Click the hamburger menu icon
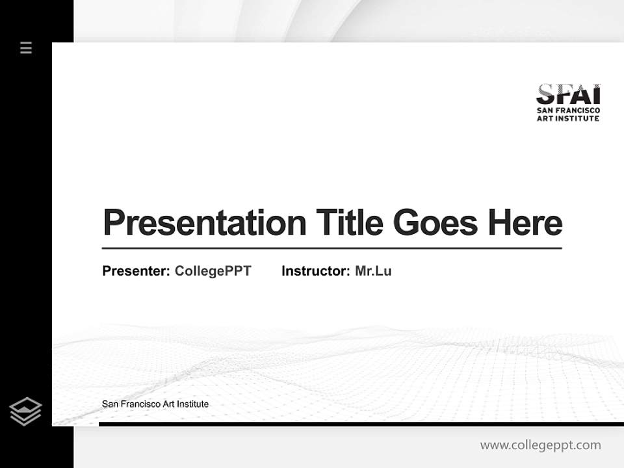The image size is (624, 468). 26,47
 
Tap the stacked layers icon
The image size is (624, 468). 25,411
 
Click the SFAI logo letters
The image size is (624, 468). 568,95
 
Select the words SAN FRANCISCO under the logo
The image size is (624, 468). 568,111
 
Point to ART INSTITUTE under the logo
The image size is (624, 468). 568,118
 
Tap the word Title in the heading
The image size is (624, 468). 350,223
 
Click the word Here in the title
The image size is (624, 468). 525,223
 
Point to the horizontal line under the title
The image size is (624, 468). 331,248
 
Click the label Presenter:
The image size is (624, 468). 136,271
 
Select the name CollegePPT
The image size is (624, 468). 213,271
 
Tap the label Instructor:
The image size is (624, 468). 316,271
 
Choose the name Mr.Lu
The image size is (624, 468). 373,271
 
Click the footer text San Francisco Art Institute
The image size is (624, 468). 155,404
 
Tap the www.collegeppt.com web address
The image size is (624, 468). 540,445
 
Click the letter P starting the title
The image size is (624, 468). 112,223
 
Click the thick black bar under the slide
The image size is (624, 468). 361,424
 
